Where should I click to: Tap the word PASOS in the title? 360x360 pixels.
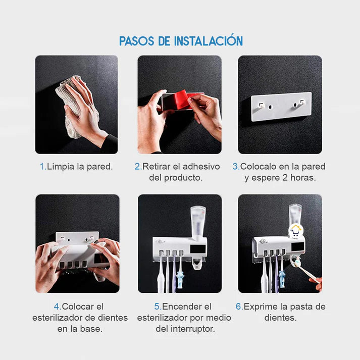click(x=137, y=41)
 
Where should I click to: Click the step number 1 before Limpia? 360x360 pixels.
click(x=42, y=166)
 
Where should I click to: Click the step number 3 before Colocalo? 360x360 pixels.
click(x=235, y=166)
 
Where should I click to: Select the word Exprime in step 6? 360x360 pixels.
click(x=261, y=306)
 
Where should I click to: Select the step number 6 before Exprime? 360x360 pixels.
click(x=239, y=306)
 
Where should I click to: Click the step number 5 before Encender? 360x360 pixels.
click(x=157, y=306)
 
